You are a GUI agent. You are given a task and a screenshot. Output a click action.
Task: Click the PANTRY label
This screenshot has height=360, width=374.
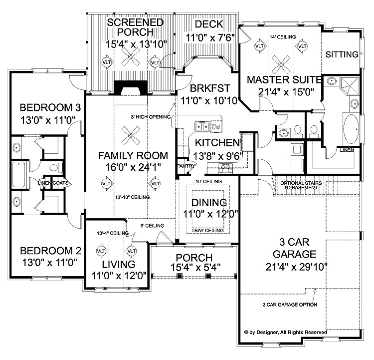[183, 165]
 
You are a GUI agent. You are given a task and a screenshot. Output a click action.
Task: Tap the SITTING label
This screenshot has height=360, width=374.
[342, 54]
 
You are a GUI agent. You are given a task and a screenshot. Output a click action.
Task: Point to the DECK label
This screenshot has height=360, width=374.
[208, 24]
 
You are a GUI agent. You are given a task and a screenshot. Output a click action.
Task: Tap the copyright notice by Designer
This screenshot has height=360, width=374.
[285, 332]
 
